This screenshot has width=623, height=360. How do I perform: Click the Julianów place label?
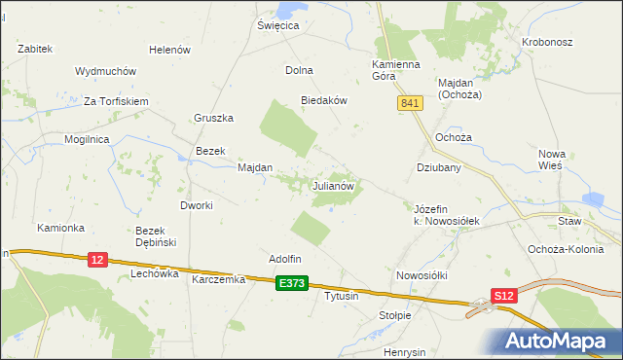(x=338, y=185)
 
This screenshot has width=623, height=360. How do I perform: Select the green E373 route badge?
(x=290, y=283)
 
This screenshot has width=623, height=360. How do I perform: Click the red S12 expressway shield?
(x=502, y=295)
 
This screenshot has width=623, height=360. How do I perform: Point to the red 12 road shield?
(x=96, y=260)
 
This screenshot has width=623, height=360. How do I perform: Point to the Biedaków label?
(x=324, y=100)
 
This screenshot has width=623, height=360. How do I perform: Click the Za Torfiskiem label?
(x=115, y=101)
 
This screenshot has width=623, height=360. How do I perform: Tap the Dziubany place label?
(x=438, y=167)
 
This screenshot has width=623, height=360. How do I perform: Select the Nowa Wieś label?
(x=559, y=159)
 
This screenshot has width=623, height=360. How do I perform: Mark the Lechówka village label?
(x=155, y=274)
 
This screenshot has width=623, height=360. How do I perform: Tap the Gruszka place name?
(x=215, y=119)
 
